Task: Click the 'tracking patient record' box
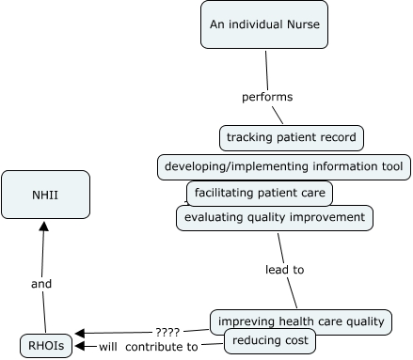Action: click(292, 137)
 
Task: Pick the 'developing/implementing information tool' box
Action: click(283, 167)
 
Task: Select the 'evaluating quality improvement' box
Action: click(274, 218)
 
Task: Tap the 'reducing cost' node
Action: click(269, 339)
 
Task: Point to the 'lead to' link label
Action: click(284, 270)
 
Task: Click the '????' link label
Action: click(167, 331)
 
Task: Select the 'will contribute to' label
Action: click(149, 347)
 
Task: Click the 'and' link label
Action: click(41, 282)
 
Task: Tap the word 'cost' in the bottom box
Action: click(291, 339)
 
